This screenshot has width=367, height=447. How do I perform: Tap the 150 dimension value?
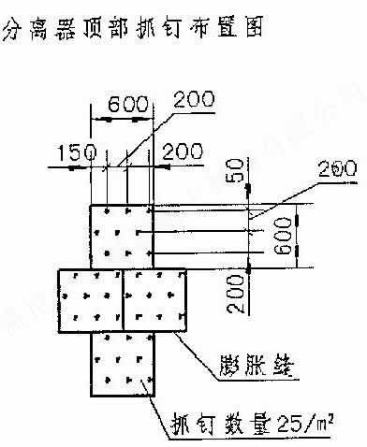[x=76, y=151]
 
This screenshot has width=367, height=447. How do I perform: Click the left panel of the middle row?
[x=89, y=299]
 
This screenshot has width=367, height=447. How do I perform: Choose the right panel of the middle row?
[x=154, y=299]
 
